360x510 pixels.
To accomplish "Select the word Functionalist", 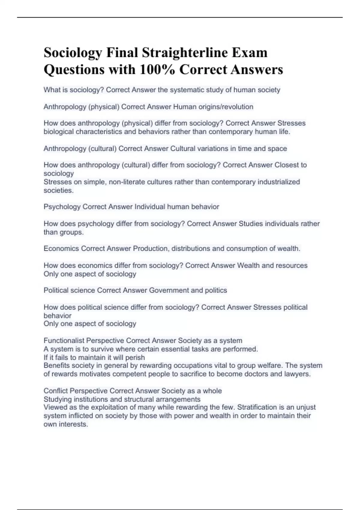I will click(64, 340).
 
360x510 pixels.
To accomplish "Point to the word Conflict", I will click(55, 391).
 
